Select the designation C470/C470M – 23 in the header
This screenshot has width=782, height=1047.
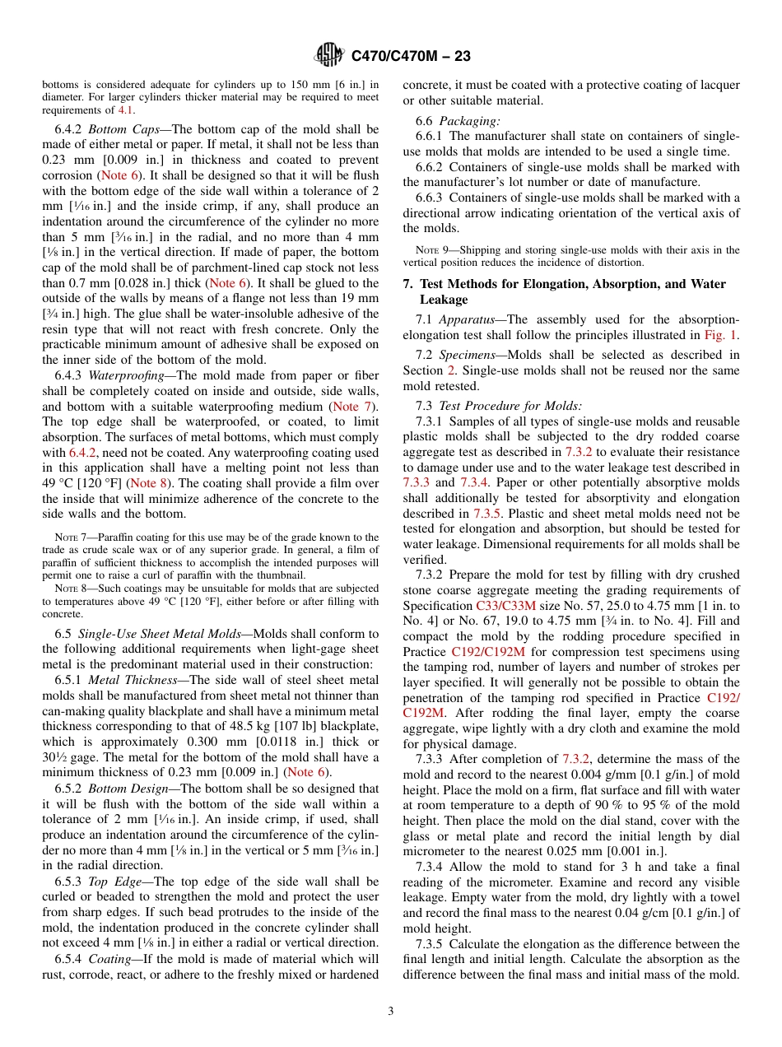coord(411,57)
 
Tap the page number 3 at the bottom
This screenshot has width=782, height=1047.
coord(391,1011)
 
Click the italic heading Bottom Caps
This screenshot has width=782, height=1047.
coord(119,129)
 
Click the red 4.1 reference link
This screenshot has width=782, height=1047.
coord(125,109)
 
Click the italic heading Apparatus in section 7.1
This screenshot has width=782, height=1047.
coord(467,319)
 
